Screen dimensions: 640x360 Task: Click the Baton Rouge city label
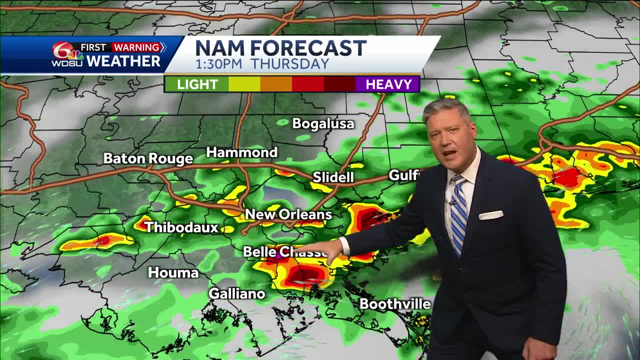(148, 158)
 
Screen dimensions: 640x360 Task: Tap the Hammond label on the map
(242, 152)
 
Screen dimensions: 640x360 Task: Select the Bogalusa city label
(323, 123)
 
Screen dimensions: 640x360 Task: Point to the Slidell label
(333, 177)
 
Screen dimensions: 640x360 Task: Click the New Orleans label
(288, 214)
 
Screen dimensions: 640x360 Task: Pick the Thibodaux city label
(182, 227)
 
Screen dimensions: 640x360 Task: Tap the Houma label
(173, 272)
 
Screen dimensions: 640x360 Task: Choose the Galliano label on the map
(236, 293)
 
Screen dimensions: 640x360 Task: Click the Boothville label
(395, 304)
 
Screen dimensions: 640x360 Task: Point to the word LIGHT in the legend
(197, 84)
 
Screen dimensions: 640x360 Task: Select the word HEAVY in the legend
(388, 84)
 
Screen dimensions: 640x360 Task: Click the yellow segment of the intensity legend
(244, 84)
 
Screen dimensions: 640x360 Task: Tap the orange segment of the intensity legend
(276, 84)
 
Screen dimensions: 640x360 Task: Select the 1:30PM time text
(219, 64)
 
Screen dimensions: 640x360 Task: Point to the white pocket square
(490, 215)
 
